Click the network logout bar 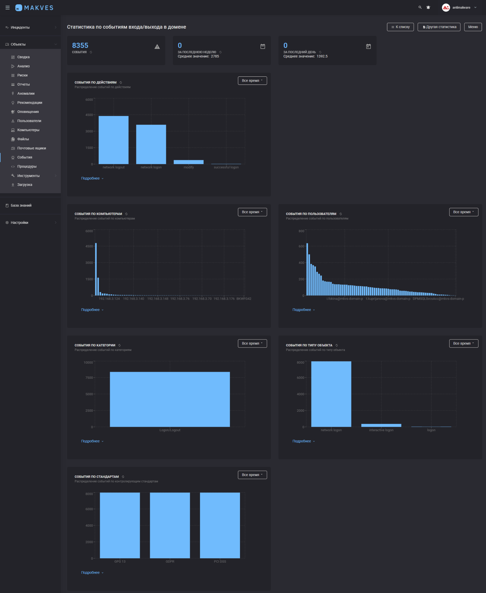(113, 140)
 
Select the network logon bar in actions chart (151, 144)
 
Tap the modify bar (188, 162)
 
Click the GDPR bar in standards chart (170, 525)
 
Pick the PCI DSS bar (220, 525)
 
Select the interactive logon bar (381, 425)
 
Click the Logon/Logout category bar (170, 399)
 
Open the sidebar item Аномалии (26, 94)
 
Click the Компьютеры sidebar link (28, 130)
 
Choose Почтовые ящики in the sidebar (32, 148)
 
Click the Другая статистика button (439, 27)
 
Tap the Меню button (473, 27)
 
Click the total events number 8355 (80, 45)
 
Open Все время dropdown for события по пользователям (463, 212)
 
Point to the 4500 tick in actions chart (89, 115)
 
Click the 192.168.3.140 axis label (133, 299)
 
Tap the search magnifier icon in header (420, 8)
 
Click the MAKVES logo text (38, 8)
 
